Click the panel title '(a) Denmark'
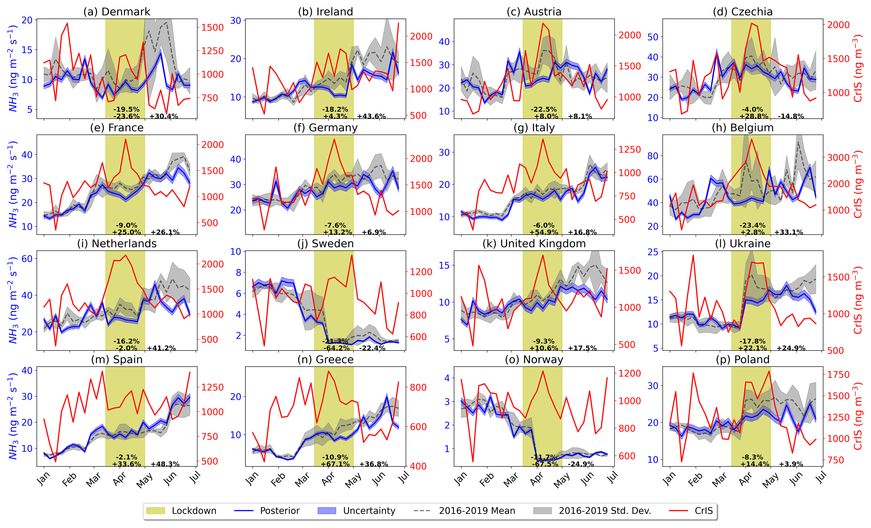(117, 12)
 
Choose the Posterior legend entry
(267, 511)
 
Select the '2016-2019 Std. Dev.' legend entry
(592, 511)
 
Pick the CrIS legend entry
(691, 511)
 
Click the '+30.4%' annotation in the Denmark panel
(164, 116)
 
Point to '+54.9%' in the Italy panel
(544, 232)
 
